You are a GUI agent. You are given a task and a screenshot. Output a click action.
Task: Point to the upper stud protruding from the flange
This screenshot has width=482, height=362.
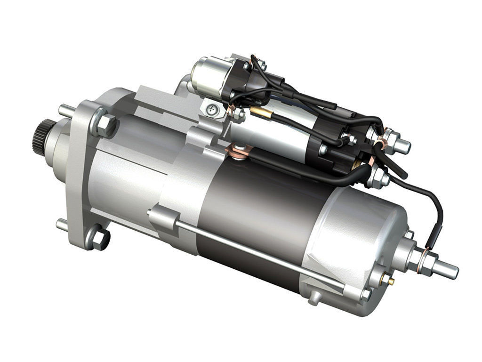click(64, 111)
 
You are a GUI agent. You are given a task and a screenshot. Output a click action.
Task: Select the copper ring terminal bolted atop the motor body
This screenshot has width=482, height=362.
click(238, 152)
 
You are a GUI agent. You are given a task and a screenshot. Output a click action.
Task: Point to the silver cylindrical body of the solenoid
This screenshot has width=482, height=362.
click(273, 132)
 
